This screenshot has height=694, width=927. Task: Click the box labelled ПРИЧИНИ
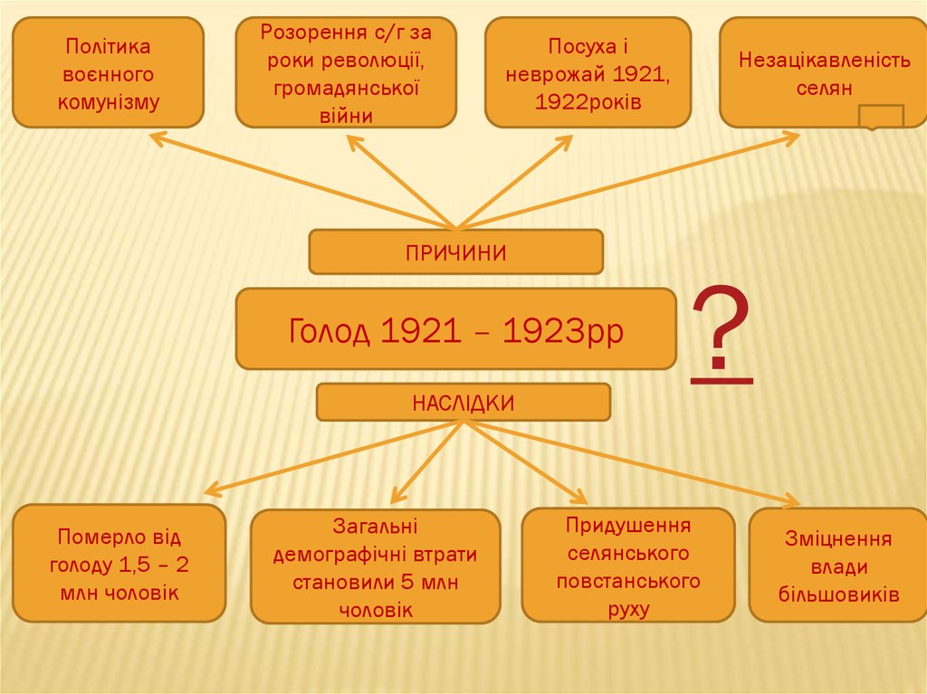tap(455, 252)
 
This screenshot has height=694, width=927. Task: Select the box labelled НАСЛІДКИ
tap(463, 403)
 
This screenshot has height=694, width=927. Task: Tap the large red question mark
tap(722, 335)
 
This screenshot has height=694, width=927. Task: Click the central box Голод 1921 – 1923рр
tap(455, 330)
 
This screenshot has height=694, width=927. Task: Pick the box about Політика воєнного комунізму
tap(108, 72)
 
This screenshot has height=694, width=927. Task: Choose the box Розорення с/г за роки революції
tap(346, 72)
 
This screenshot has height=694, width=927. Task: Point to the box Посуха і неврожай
tap(588, 72)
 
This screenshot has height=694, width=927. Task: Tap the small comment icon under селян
tap(880, 117)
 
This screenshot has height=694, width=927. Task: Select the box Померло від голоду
tap(118, 564)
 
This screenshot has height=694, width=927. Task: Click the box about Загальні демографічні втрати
tap(375, 566)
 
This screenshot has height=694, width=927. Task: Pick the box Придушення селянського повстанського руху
tap(628, 565)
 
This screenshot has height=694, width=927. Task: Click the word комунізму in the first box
tap(108, 100)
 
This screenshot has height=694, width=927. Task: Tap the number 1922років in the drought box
tap(588, 101)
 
